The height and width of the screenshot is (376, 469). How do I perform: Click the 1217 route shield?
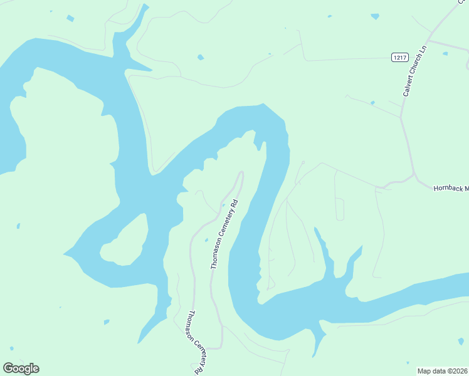[x=399, y=58]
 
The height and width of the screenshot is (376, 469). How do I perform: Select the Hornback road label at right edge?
[x=451, y=188]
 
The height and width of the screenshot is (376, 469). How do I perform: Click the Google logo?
[x=21, y=368]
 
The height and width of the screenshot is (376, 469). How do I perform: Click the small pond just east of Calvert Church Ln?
[x=445, y=53]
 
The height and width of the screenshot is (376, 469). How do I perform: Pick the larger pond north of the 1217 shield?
[x=375, y=16]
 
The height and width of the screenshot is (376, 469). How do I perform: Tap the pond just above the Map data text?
[x=461, y=342]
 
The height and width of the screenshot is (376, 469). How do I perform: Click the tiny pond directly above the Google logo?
[x=11, y=348]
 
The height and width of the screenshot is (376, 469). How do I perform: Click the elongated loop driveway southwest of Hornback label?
[x=339, y=209]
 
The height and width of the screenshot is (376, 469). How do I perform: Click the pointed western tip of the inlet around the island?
[x=64, y=254]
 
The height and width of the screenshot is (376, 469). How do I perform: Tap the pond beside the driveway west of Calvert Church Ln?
[x=372, y=102]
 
